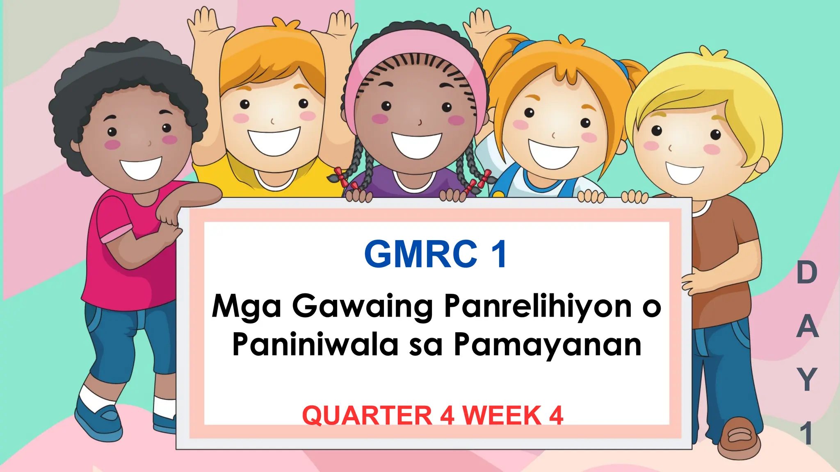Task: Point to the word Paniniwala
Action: [315, 345]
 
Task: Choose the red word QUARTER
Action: [367, 415]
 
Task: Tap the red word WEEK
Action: [502, 415]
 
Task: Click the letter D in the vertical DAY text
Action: [806, 273]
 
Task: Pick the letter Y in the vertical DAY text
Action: [807, 379]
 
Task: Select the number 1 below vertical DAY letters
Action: [807, 433]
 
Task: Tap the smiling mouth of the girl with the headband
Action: [416, 144]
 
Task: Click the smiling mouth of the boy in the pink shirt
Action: [141, 168]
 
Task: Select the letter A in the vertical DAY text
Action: [807, 327]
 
